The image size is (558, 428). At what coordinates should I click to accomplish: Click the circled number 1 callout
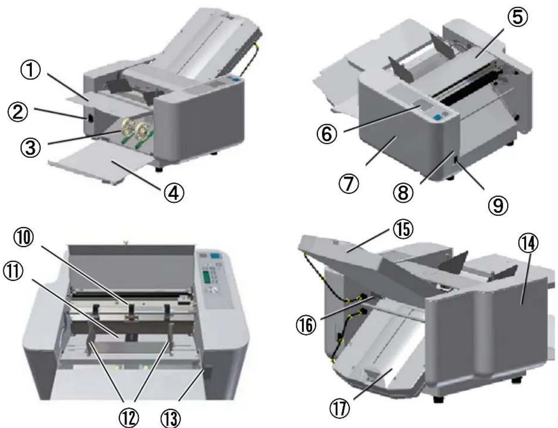pyautogui.click(x=31, y=70)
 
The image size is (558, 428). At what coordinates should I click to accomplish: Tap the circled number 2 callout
pyautogui.click(x=18, y=112)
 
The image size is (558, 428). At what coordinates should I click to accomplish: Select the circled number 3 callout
pyautogui.click(x=31, y=148)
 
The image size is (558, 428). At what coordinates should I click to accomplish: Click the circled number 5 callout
pyautogui.click(x=518, y=17)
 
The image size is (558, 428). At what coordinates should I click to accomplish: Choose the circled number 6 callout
pyautogui.click(x=327, y=134)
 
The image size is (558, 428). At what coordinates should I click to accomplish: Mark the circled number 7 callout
pyautogui.click(x=349, y=184)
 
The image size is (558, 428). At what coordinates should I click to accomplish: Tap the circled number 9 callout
pyautogui.click(x=498, y=205)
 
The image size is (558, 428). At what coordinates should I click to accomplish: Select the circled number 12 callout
pyautogui.click(x=129, y=418)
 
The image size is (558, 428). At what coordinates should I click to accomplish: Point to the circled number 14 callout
pyautogui.click(x=528, y=243)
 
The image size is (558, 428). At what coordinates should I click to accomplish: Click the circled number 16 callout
pyautogui.click(x=306, y=325)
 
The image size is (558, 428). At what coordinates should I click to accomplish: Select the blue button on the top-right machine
pyautogui.click(x=437, y=117)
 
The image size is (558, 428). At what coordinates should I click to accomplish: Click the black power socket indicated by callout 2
pyautogui.click(x=90, y=119)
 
